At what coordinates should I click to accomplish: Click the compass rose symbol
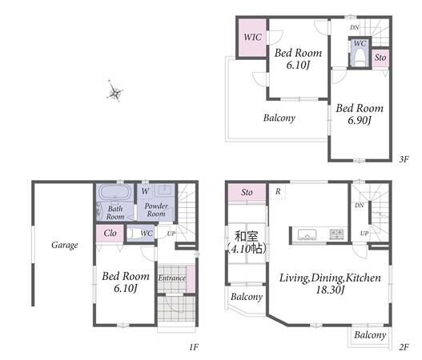click(115, 92)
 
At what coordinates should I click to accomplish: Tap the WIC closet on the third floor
click(252, 38)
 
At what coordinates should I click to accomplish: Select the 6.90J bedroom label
click(360, 114)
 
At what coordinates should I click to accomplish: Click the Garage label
click(65, 245)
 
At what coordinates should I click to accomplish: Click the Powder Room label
click(156, 210)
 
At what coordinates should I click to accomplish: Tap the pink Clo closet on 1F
click(110, 233)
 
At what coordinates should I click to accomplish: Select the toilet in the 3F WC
click(360, 58)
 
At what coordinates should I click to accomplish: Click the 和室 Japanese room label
click(247, 237)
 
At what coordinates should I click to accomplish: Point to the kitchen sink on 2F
click(307, 234)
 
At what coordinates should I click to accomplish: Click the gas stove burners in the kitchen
click(336, 234)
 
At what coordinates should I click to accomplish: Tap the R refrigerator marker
click(278, 191)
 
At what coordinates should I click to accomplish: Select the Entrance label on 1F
click(171, 278)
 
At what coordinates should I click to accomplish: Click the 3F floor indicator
click(404, 159)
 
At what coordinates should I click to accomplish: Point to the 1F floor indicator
click(194, 347)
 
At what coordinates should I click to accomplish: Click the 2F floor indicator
click(404, 347)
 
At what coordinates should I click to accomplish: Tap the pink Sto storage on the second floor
click(247, 193)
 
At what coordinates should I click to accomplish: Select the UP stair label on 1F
click(171, 234)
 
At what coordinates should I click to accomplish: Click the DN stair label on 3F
click(355, 27)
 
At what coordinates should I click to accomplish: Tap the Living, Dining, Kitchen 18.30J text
click(330, 284)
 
